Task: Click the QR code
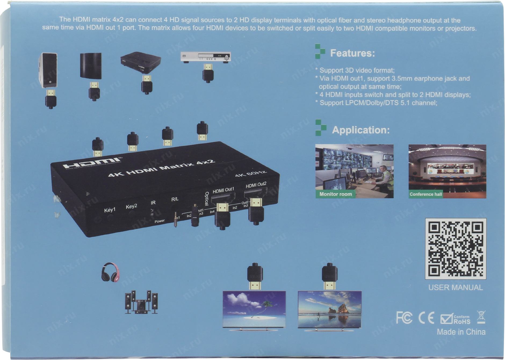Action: pyautogui.click(x=456, y=249)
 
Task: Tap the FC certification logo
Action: pyautogui.click(x=404, y=318)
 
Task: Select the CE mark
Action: pyautogui.click(x=426, y=318)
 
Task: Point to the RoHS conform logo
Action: pyautogui.click(x=455, y=319)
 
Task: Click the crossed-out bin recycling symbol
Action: pyautogui.click(x=481, y=317)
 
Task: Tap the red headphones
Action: pyautogui.click(x=110, y=272)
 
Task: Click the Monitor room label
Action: pyautogui.click(x=336, y=194)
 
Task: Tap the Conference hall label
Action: pyautogui.click(x=425, y=194)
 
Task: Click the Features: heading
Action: pyautogui.click(x=352, y=53)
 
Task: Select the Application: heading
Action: pyautogui.click(x=361, y=130)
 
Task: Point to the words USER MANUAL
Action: pyautogui.click(x=456, y=287)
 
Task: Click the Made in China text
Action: pyautogui.click(x=461, y=332)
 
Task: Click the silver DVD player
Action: pyautogui.click(x=206, y=57)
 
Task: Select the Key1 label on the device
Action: pyautogui.click(x=110, y=210)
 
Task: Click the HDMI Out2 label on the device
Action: pyautogui.click(x=256, y=185)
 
